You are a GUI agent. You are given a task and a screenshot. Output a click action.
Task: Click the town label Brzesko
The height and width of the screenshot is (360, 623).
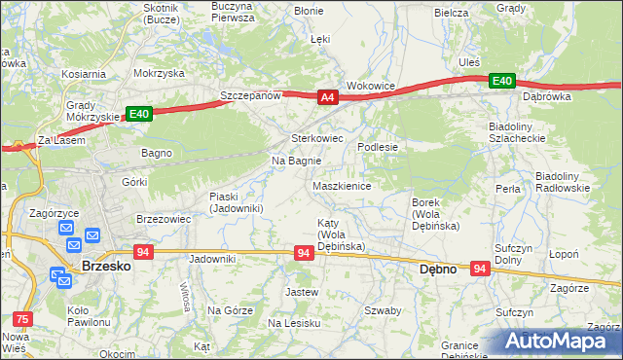click(x=106, y=265)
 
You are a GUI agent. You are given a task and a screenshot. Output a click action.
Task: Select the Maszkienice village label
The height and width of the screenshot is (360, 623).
click(x=341, y=186)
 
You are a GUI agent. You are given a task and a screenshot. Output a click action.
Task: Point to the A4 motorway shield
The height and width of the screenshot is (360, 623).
click(x=327, y=96)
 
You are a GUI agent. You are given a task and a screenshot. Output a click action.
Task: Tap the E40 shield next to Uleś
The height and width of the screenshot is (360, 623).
click(x=502, y=81)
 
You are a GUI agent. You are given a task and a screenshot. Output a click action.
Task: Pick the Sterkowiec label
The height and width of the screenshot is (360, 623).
click(x=318, y=138)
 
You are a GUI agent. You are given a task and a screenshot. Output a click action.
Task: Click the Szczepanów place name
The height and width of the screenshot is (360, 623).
click(x=250, y=95)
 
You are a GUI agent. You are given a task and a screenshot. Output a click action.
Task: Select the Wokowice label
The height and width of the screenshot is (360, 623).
click(x=371, y=86)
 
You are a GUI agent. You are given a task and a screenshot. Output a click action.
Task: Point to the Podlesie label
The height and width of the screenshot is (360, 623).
click(x=379, y=147)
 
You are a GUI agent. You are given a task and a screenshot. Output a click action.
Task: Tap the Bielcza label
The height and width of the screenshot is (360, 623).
click(x=452, y=13)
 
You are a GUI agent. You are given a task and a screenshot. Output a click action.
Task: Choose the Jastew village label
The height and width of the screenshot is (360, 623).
click(x=301, y=291)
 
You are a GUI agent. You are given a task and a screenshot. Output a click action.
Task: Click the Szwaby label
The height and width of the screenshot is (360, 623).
click(x=383, y=310)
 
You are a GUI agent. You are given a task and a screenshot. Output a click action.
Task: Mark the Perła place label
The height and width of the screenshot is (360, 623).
click(x=507, y=188)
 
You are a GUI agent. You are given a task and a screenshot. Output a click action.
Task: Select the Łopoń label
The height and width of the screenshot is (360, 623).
click(x=590, y=253)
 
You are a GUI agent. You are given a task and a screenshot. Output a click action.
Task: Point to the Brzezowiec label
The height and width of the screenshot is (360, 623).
click(x=163, y=219)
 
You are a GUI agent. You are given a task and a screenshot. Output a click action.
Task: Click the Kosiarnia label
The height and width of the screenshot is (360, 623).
click(x=83, y=74)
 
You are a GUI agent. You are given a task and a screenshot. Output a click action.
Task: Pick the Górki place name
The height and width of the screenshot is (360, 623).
click(x=134, y=182)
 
